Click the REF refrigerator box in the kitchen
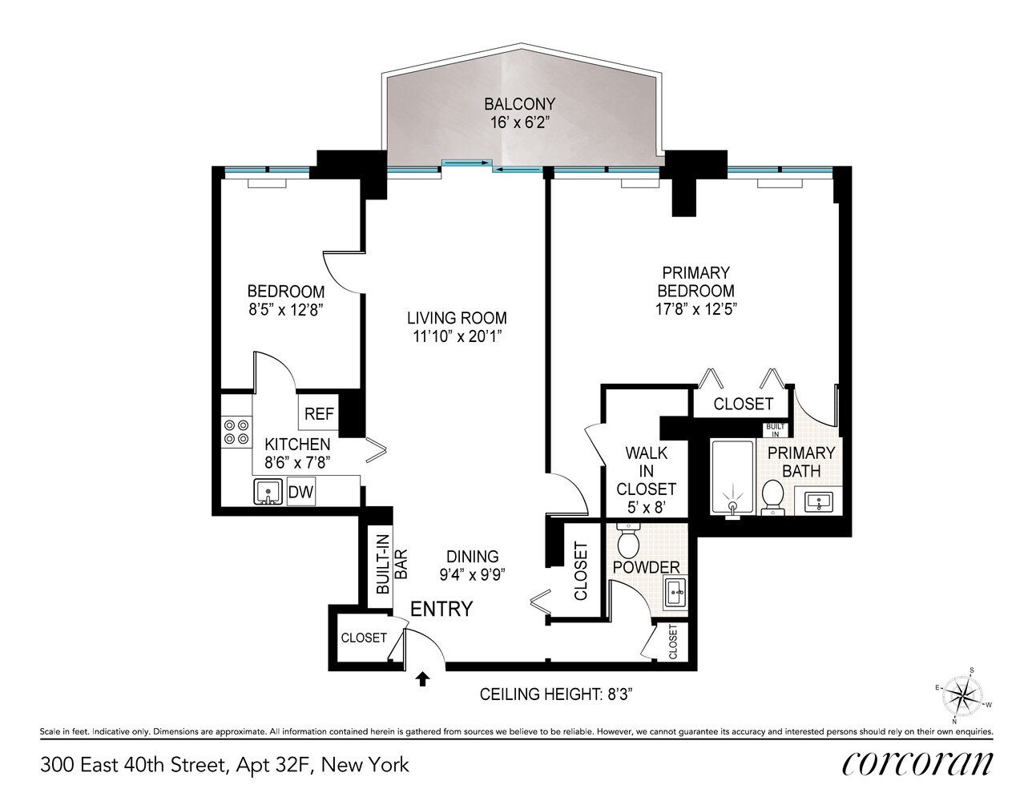318,413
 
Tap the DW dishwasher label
300,492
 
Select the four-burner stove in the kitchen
237,432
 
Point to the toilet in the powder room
628,541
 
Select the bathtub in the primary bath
732,477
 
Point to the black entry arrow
422,678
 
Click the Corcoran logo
917,765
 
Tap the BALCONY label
520,104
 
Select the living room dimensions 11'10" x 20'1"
458,336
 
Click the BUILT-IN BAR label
392,564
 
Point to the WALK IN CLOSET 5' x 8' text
646,480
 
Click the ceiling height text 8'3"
556,694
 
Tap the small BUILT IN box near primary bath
776,430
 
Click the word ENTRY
441,609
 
